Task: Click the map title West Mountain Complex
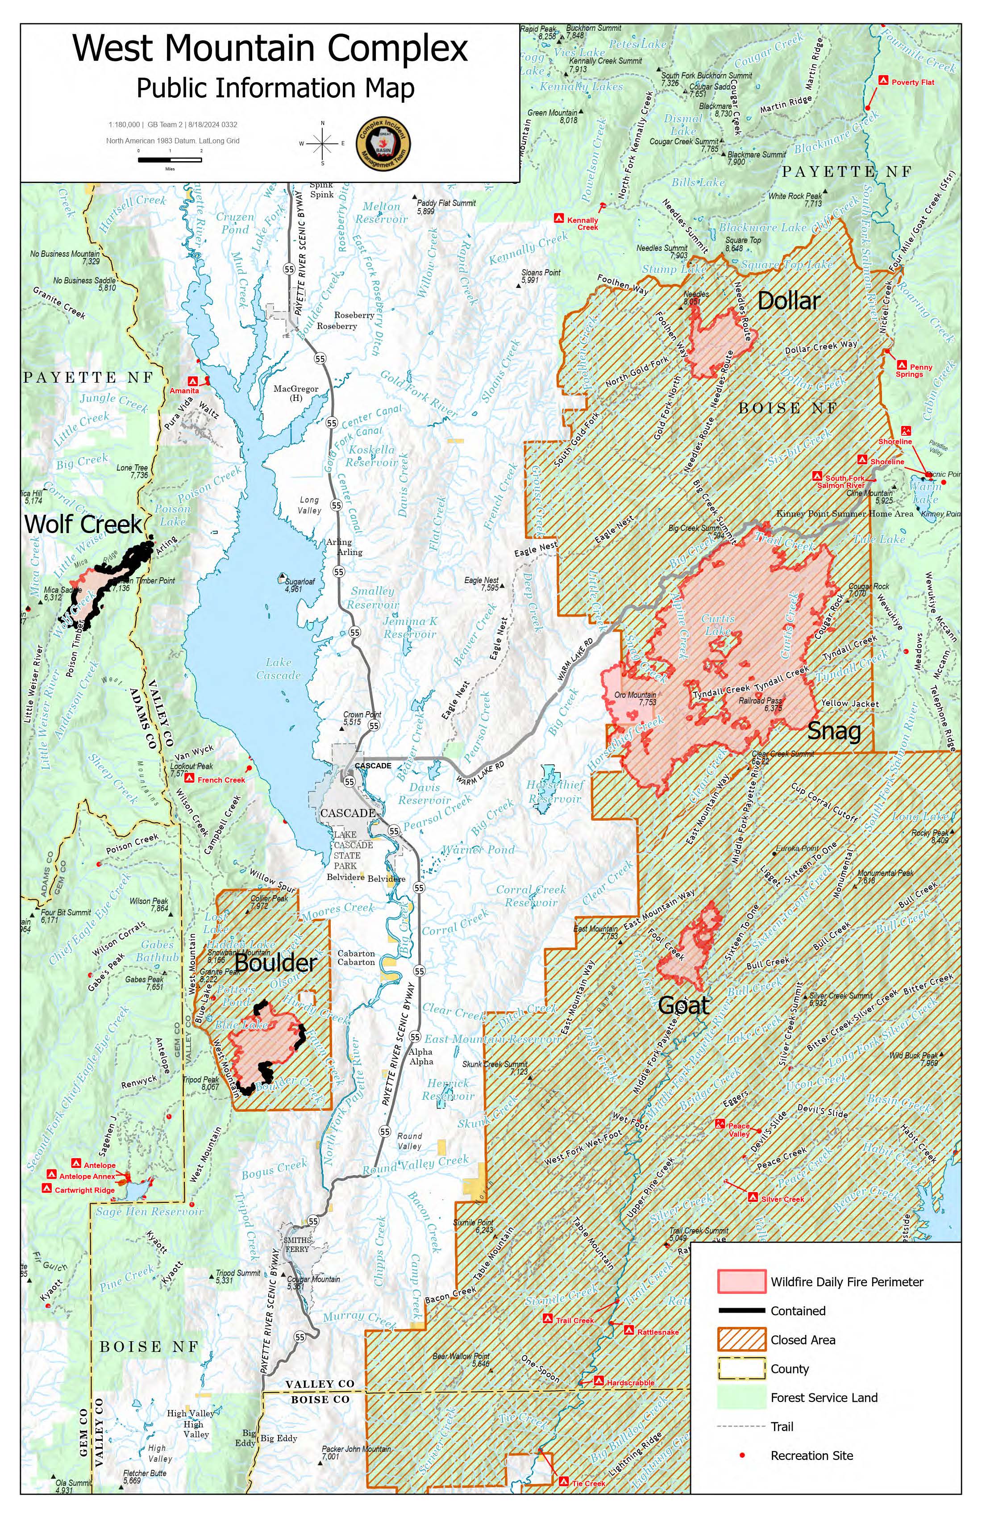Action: [x=270, y=49]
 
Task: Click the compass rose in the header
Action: [x=323, y=143]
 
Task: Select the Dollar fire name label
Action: [x=788, y=301]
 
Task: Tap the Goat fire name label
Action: [x=683, y=1006]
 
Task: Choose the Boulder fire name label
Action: [x=275, y=963]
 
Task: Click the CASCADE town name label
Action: [x=348, y=813]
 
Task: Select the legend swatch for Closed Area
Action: [x=741, y=1339]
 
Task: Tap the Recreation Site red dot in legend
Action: [x=741, y=1455]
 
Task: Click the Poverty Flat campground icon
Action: [x=883, y=80]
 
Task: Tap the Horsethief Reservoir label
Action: [x=554, y=792]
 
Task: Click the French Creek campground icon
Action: [x=189, y=779]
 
